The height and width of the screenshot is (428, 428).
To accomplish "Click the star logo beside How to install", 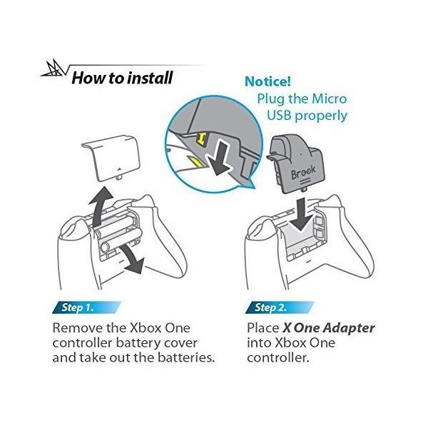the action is coord(53,68).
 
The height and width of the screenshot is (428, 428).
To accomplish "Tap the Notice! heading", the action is coord(267,81).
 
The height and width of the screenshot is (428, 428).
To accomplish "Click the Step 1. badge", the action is coord(86,307).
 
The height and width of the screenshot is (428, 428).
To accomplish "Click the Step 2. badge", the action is coord(280,307).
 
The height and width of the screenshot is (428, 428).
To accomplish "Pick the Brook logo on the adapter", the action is coord(303,172).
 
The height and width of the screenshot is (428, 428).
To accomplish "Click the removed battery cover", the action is coord(111,158).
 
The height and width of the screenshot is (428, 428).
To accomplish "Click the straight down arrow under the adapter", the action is coord(301,214).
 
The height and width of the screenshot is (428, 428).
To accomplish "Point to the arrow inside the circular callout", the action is coord(219,158).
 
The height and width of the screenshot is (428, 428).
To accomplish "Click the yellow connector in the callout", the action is coord(202,138).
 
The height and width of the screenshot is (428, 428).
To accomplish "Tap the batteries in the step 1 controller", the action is coord(118,231).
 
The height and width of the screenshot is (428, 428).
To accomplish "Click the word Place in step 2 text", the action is coord(263,328).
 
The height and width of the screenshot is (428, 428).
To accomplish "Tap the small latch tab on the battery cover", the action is coord(118,178).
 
